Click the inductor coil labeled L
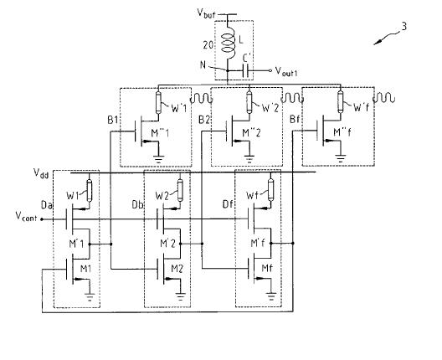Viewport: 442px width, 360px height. [228, 43]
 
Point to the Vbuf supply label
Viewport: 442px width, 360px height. [207, 13]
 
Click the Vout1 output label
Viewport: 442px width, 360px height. [286, 71]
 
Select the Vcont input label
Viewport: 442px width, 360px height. [26, 217]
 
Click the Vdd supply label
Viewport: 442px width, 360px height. [41, 172]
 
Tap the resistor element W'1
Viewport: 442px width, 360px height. [158, 103]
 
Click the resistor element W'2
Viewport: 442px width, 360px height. [249, 102]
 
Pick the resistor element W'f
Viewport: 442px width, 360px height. [341, 101]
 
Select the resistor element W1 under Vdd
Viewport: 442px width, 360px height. [90, 191]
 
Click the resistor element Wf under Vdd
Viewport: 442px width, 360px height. [270, 189]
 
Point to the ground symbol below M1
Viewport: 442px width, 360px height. [90, 297]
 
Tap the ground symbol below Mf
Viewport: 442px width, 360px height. [271, 296]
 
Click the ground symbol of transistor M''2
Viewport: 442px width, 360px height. [249, 159]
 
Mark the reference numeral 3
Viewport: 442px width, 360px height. [404, 27]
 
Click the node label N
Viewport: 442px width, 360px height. [203, 64]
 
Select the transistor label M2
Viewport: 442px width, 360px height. [177, 270]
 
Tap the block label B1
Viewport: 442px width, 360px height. [112, 120]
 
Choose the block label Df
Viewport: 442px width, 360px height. [228, 203]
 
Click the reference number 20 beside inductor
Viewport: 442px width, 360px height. [208, 45]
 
